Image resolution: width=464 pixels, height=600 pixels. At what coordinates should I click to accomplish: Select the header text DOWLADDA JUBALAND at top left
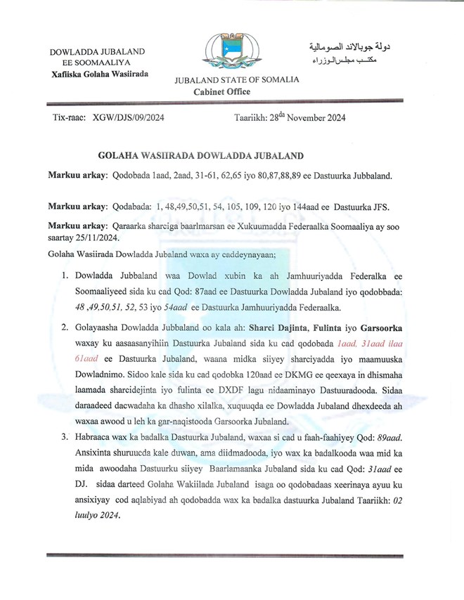pos(97,52)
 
